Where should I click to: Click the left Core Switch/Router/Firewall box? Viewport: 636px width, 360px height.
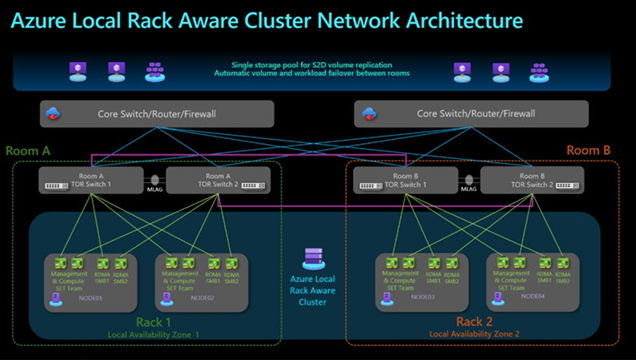point(157,113)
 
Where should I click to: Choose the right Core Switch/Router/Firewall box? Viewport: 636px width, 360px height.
point(471,113)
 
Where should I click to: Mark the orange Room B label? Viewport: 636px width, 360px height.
point(588,151)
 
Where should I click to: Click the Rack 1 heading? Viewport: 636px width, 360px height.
point(153,322)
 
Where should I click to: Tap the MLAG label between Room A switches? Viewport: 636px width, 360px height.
point(155,189)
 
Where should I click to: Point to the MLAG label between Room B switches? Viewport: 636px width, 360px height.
point(469,189)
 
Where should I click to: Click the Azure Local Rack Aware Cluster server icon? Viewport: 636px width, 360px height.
point(313,258)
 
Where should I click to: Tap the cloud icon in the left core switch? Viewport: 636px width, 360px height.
point(55,113)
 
